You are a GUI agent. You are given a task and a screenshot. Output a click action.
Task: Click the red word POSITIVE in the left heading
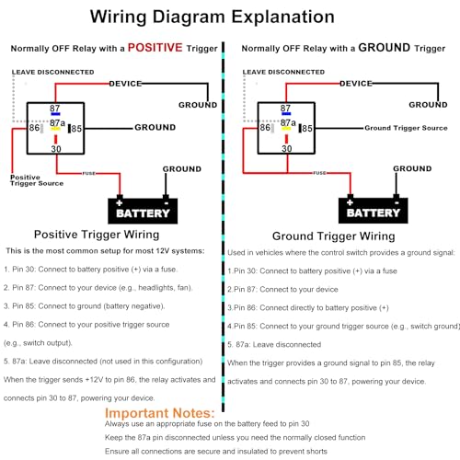click(155, 48)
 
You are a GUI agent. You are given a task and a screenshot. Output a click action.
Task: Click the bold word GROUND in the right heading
click(385, 48)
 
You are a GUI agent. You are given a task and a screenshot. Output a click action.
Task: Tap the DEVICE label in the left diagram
click(125, 84)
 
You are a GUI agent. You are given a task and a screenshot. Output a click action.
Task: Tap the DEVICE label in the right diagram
click(356, 84)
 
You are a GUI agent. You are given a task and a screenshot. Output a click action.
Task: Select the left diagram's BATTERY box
click(143, 211)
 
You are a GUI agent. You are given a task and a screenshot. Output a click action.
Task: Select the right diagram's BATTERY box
click(374, 211)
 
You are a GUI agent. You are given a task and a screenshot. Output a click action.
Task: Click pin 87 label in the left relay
click(55, 109)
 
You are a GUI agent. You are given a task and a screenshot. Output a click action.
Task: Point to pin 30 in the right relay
click(287, 149)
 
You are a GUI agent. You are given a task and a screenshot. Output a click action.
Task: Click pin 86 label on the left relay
click(34, 128)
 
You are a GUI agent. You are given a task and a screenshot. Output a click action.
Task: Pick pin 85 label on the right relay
click(307, 128)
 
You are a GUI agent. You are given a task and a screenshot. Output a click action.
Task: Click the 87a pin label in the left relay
click(57, 123)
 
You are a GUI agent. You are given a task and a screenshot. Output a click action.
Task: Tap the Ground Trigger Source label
click(406, 128)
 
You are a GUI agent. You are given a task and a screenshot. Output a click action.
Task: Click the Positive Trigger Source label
click(37, 180)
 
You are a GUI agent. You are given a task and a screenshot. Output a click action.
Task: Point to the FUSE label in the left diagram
click(88, 173)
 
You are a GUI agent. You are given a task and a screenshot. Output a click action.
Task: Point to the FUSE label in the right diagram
click(319, 173)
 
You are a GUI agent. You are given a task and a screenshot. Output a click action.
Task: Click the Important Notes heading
click(160, 413)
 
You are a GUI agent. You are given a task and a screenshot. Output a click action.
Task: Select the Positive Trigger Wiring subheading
click(97, 235)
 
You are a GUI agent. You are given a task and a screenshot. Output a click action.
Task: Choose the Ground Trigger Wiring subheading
click(334, 236)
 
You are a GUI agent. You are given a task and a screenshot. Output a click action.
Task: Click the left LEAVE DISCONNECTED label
click(52, 72)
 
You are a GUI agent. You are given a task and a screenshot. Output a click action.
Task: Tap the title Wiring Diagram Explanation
click(213, 17)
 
